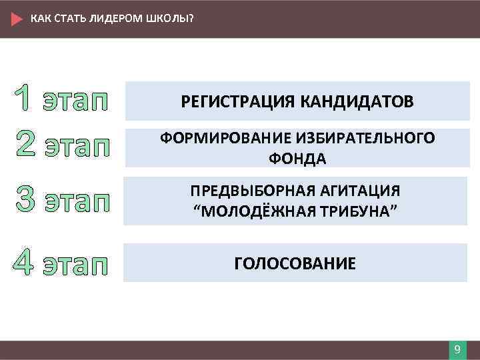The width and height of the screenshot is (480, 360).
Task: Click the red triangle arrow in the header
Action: click(17, 19)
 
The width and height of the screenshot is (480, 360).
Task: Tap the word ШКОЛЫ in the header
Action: click(173, 18)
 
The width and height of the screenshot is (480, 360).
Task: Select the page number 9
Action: click(457, 350)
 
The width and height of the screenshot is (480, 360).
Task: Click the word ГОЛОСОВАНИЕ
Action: click(295, 263)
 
